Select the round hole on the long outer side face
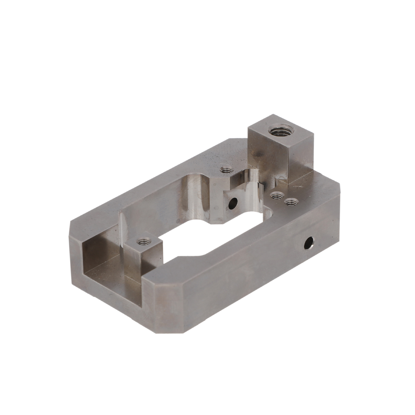(x=308, y=243)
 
